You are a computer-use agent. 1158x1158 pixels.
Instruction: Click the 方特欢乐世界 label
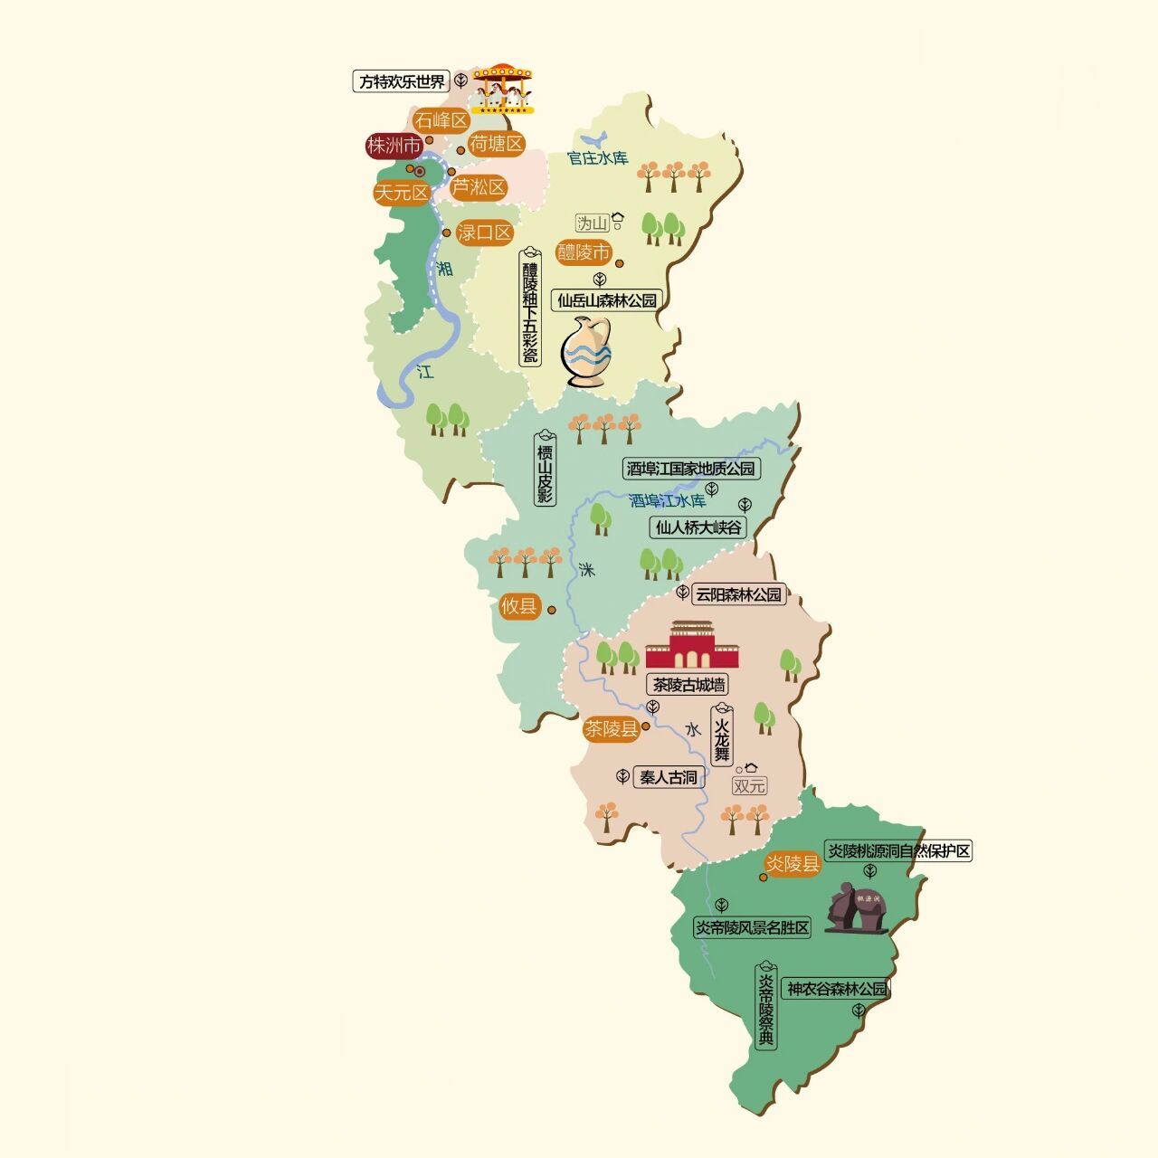point(402,81)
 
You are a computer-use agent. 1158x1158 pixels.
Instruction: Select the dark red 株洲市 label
point(394,146)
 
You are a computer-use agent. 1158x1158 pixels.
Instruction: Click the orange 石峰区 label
point(441,120)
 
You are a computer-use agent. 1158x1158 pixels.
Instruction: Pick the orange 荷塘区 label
point(497,143)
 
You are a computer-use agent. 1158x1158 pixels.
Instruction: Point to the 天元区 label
point(402,193)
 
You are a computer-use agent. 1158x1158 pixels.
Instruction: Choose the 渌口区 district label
point(485,233)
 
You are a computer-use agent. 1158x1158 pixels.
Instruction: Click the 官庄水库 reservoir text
point(597,158)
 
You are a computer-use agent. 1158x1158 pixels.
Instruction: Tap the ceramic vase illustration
point(586,351)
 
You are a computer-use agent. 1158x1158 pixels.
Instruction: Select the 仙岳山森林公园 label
point(607,300)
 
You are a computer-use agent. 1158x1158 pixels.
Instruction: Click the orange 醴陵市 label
point(584,252)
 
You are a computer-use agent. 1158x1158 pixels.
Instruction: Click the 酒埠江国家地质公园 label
point(691,469)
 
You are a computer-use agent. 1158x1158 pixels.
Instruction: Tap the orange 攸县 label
point(519,606)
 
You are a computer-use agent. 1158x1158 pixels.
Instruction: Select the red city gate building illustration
point(691,646)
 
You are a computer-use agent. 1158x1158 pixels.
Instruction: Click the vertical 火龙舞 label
point(721,736)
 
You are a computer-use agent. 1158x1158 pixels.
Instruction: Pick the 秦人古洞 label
point(669,776)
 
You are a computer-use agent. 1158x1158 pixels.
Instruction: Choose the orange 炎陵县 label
point(793,864)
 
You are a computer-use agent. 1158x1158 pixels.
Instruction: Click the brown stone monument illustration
point(855,907)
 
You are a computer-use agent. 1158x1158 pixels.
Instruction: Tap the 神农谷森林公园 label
point(837,989)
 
